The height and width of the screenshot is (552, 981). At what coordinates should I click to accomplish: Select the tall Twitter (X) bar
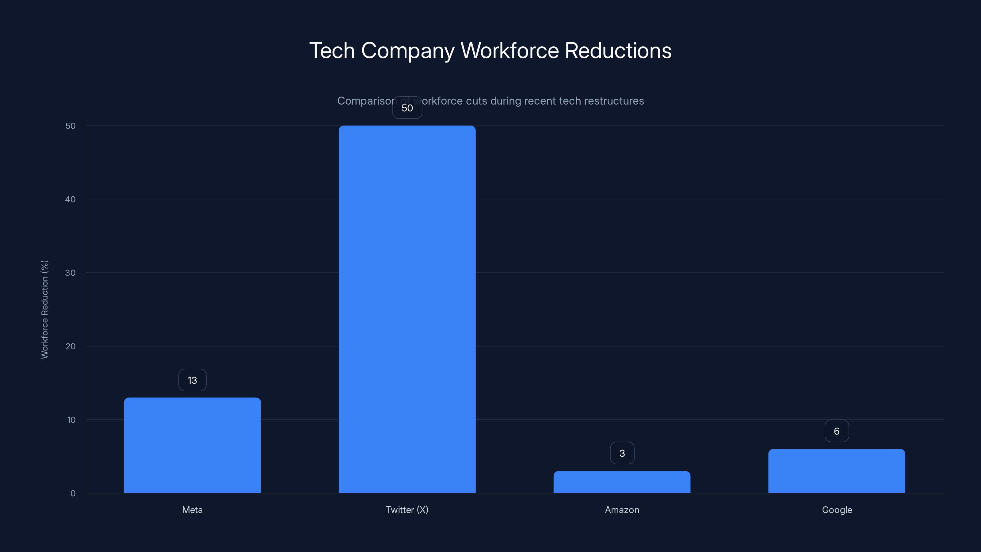(407, 309)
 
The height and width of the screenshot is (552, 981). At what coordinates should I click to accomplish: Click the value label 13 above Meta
(192, 380)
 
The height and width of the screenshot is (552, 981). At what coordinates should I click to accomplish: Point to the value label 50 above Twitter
(407, 108)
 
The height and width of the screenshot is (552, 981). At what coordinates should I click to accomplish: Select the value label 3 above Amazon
(622, 453)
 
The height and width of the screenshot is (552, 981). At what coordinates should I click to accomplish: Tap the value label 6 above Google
(837, 431)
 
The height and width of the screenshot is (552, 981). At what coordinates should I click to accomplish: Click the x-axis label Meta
(192, 510)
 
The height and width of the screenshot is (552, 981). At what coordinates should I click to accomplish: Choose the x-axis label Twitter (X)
(407, 510)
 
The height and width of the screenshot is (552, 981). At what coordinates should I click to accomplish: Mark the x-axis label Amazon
(622, 510)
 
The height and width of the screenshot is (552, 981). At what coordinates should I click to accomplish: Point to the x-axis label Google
(837, 510)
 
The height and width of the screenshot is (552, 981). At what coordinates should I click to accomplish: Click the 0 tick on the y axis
(73, 493)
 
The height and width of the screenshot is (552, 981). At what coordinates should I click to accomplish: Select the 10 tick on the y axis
(71, 420)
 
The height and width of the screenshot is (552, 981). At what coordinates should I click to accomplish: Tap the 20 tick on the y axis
(71, 346)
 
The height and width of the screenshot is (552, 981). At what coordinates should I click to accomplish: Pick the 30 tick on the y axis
(71, 273)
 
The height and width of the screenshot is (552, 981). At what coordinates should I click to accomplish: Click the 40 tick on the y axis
(71, 199)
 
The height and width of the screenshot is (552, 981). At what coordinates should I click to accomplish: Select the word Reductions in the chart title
(618, 51)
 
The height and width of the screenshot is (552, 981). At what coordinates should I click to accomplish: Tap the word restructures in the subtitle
(613, 101)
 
